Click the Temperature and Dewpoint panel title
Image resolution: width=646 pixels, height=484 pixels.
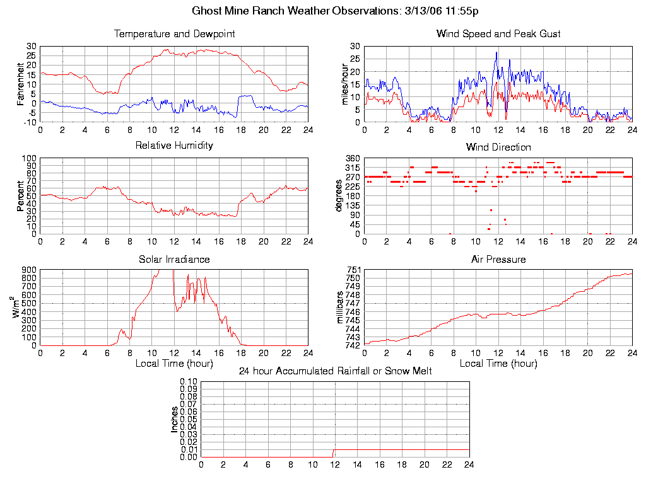point(174,34)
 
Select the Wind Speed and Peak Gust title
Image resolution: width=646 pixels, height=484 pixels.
point(498,34)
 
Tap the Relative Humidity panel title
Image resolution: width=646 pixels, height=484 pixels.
point(174,146)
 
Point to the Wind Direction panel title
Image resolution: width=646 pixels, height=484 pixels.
point(498,147)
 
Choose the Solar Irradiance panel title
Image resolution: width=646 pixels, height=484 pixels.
point(174,260)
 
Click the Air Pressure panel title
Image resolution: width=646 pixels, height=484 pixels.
point(498,260)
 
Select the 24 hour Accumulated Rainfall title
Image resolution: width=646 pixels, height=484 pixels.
point(335,371)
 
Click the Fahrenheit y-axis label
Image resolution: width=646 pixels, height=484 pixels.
point(21,83)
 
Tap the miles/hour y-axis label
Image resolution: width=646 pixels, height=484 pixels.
point(344,83)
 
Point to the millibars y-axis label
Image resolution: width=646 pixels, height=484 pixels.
point(340,308)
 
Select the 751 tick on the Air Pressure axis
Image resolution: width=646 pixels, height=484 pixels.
point(353,270)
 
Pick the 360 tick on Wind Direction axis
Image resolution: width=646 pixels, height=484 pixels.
point(353,158)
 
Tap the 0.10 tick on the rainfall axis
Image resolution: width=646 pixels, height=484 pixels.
point(189,381)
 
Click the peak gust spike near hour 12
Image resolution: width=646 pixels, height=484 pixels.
point(496,52)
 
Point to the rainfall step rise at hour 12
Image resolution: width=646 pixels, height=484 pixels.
point(334,450)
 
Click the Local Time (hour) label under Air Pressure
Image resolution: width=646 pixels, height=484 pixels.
point(498,364)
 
